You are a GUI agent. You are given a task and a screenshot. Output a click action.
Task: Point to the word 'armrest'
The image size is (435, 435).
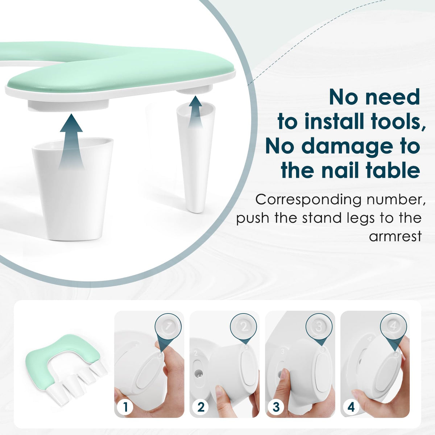395,237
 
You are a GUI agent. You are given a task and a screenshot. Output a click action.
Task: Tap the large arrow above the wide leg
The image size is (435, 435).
71,141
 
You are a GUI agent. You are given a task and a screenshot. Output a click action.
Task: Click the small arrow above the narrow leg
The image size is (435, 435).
195,112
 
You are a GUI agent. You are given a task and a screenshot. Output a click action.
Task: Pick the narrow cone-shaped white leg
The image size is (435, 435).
195,158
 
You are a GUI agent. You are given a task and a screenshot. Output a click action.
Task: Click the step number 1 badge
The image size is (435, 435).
125,401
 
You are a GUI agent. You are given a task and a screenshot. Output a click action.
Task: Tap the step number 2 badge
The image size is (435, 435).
200,401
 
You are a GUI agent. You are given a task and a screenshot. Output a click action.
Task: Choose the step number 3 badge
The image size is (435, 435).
276,401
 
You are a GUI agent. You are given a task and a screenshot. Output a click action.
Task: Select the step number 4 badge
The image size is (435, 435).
351,401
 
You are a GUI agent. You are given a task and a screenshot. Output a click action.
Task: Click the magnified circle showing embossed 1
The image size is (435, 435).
168,327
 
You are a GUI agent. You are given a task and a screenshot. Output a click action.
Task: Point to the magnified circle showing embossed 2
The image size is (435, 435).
243,327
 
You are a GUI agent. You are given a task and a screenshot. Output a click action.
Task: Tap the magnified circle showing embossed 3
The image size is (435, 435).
319,327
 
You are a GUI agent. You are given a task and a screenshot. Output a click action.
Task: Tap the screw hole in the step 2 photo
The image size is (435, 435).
198,375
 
